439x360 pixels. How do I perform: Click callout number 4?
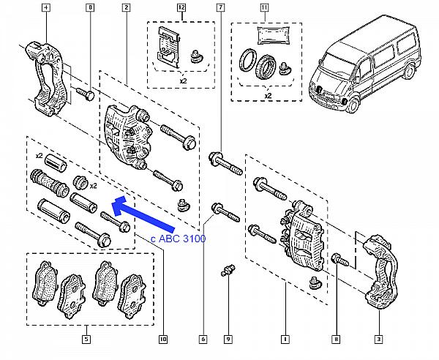point(47,8)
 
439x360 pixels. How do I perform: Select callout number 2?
point(126,8)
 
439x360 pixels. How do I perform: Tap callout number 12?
point(182,8)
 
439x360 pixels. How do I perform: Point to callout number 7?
point(220,8)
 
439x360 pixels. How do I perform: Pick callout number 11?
point(264,8)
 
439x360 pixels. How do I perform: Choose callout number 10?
point(163,339)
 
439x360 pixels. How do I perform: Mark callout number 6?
point(203,339)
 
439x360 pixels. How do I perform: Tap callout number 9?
point(228,339)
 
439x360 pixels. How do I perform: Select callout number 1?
point(284,339)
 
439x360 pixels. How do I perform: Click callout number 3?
point(379,339)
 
